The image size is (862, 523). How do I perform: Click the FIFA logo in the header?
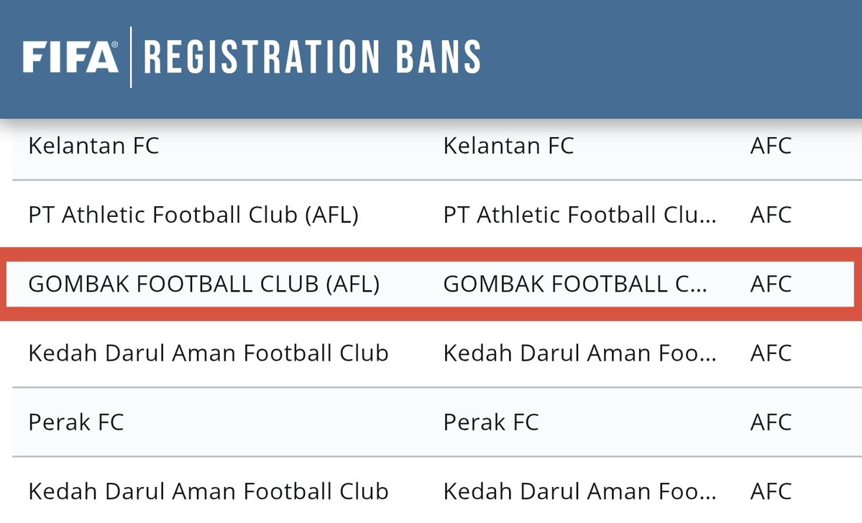[x=70, y=57]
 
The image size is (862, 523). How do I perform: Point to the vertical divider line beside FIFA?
[x=130, y=57]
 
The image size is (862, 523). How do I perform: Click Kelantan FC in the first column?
[x=93, y=146]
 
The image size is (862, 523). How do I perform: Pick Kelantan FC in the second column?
[x=508, y=146]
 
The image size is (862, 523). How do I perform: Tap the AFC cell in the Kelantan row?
[x=771, y=146]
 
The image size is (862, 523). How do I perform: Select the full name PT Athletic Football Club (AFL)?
[x=193, y=215]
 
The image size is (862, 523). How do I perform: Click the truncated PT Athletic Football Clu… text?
[x=579, y=215]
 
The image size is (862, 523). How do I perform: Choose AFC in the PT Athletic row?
[x=771, y=215]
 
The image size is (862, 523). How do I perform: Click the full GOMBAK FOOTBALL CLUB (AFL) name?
[x=203, y=284]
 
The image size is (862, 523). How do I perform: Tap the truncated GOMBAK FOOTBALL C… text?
[x=574, y=284]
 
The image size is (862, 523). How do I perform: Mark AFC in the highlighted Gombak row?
[x=771, y=284]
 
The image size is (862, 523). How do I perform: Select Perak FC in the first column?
[x=76, y=422]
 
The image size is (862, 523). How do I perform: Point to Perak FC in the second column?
[x=491, y=422]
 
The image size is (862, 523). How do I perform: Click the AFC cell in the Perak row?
[x=771, y=422]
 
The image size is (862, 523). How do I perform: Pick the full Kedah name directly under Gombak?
[x=208, y=353]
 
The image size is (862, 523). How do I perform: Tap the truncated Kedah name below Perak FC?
[x=579, y=491]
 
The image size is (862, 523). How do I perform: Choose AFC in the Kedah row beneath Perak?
[x=771, y=491]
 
